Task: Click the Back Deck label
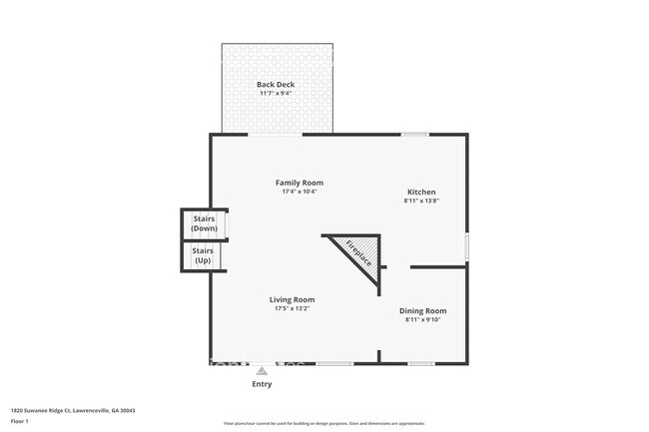(275, 85)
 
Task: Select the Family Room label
(300, 183)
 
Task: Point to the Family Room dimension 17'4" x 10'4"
(300, 192)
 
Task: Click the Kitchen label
(420, 192)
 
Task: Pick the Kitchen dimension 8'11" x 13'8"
(420, 201)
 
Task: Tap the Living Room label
(292, 299)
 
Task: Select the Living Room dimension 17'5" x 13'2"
(292, 308)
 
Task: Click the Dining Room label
(422, 310)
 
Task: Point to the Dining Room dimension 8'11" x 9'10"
(422, 319)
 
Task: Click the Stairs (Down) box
(204, 223)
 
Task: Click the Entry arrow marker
(262, 369)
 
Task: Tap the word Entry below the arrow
(262, 383)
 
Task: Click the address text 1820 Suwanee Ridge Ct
(73, 410)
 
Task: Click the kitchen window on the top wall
(414, 134)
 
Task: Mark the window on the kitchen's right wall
(466, 246)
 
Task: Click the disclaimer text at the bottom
(324, 423)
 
